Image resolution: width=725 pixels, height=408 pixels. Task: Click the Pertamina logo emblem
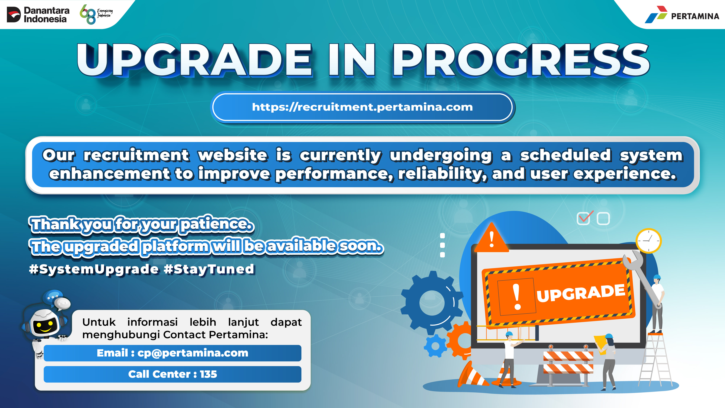(x=656, y=15)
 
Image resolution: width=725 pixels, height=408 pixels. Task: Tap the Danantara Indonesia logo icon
(x=14, y=15)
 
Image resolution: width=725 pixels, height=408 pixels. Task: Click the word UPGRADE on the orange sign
(x=581, y=293)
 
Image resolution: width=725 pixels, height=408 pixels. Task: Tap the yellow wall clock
(x=649, y=241)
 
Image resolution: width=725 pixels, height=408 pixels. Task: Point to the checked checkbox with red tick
(x=585, y=218)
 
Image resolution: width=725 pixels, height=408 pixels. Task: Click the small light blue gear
(x=435, y=346)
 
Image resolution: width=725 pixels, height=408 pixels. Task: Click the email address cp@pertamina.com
(x=193, y=353)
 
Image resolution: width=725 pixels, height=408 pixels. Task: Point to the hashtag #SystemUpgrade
(x=94, y=269)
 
